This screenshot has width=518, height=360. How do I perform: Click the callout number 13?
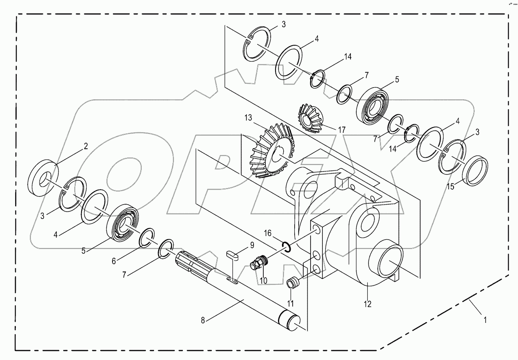click(x=249, y=118)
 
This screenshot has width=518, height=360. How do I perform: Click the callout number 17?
click(x=341, y=129)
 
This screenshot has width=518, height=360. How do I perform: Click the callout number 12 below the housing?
click(x=368, y=304)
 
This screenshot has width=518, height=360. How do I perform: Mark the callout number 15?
click(x=450, y=186)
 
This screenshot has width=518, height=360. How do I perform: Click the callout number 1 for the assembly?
click(x=485, y=320)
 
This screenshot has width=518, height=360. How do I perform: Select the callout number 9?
click(x=252, y=245)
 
